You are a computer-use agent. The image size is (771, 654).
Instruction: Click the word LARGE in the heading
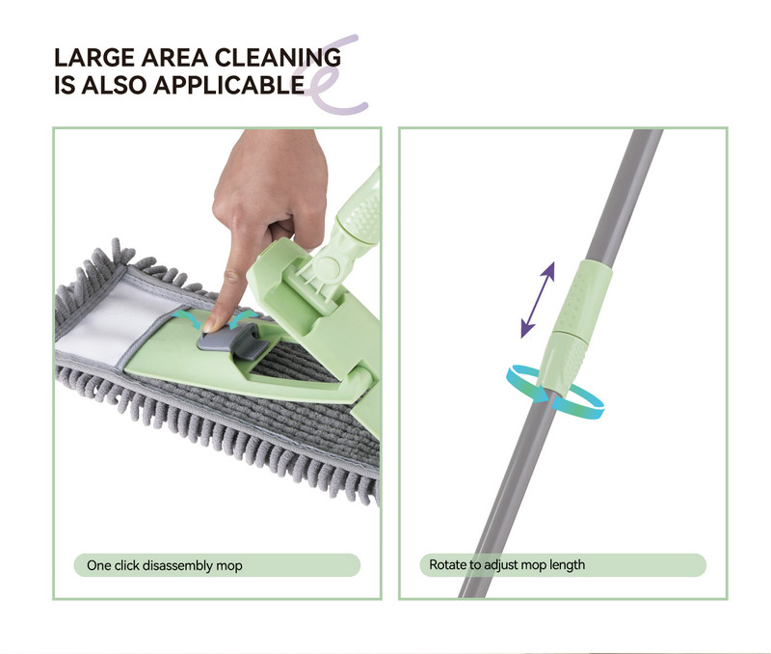[x=93, y=58]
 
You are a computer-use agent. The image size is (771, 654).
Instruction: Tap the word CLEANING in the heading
[x=278, y=58]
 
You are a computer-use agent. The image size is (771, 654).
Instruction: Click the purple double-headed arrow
[x=538, y=300]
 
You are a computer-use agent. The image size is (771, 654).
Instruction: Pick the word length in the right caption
[x=567, y=565]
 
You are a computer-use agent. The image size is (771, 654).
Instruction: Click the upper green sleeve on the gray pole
[x=584, y=299]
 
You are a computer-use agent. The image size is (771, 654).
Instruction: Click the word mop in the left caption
[x=229, y=566]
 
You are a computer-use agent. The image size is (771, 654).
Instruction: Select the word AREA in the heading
[x=174, y=58]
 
